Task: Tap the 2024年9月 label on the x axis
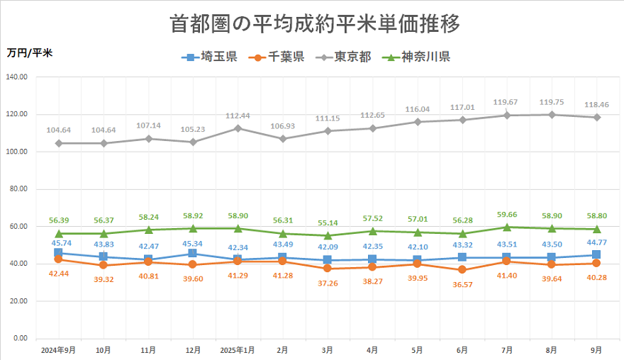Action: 58,350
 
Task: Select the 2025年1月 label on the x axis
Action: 238,350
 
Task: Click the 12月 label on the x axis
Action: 193,350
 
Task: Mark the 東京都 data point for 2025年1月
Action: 238,128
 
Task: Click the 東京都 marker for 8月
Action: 552,115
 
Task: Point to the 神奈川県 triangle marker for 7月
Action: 507,227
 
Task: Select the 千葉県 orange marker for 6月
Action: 462,270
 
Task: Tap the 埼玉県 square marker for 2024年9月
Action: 58,253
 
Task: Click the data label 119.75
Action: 552,102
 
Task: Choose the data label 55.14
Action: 327,223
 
